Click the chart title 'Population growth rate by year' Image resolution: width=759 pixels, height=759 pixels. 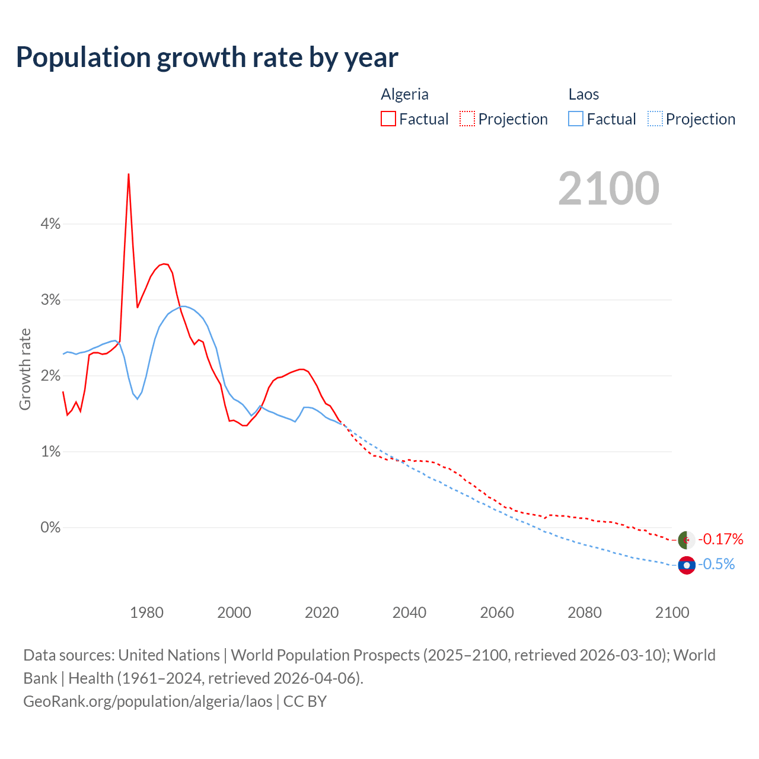pyautogui.click(x=207, y=58)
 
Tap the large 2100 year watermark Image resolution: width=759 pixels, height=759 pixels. pyautogui.click(x=608, y=189)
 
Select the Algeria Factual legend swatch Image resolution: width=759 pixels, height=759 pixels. pyautogui.click(x=388, y=119)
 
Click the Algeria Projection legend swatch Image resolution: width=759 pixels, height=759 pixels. pyautogui.click(x=467, y=119)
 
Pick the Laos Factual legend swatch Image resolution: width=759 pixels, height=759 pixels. pyautogui.click(x=576, y=119)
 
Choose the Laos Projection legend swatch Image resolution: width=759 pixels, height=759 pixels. pyautogui.click(x=655, y=119)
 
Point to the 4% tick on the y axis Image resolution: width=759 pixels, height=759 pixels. pyautogui.click(x=50, y=224)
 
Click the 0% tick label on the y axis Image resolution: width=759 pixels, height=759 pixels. pyautogui.click(x=50, y=527)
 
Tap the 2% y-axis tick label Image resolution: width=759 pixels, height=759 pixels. pyautogui.click(x=50, y=376)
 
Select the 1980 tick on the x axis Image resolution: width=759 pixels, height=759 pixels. pyautogui.click(x=146, y=613)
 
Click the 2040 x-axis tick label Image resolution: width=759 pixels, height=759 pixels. pyautogui.click(x=409, y=613)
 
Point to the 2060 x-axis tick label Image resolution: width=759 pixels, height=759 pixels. pyautogui.click(x=497, y=613)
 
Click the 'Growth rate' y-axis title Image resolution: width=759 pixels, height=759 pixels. pyautogui.click(x=25, y=369)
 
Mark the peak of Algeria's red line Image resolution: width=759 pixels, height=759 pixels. pyautogui.click(x=129, y=174)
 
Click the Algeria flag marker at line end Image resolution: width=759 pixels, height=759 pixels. pyautogui.click(x=687, y=540)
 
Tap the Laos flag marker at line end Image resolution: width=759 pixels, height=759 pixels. pyautogui.click(x=687, y=566)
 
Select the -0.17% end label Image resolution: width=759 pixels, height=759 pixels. pyautogui.click(x=720, y=539)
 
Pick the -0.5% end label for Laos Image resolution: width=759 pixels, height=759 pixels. pyautogui.click(x=716, y=565)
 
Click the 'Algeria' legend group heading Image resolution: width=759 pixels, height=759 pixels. pyautogui.click(x=404, y=94)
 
